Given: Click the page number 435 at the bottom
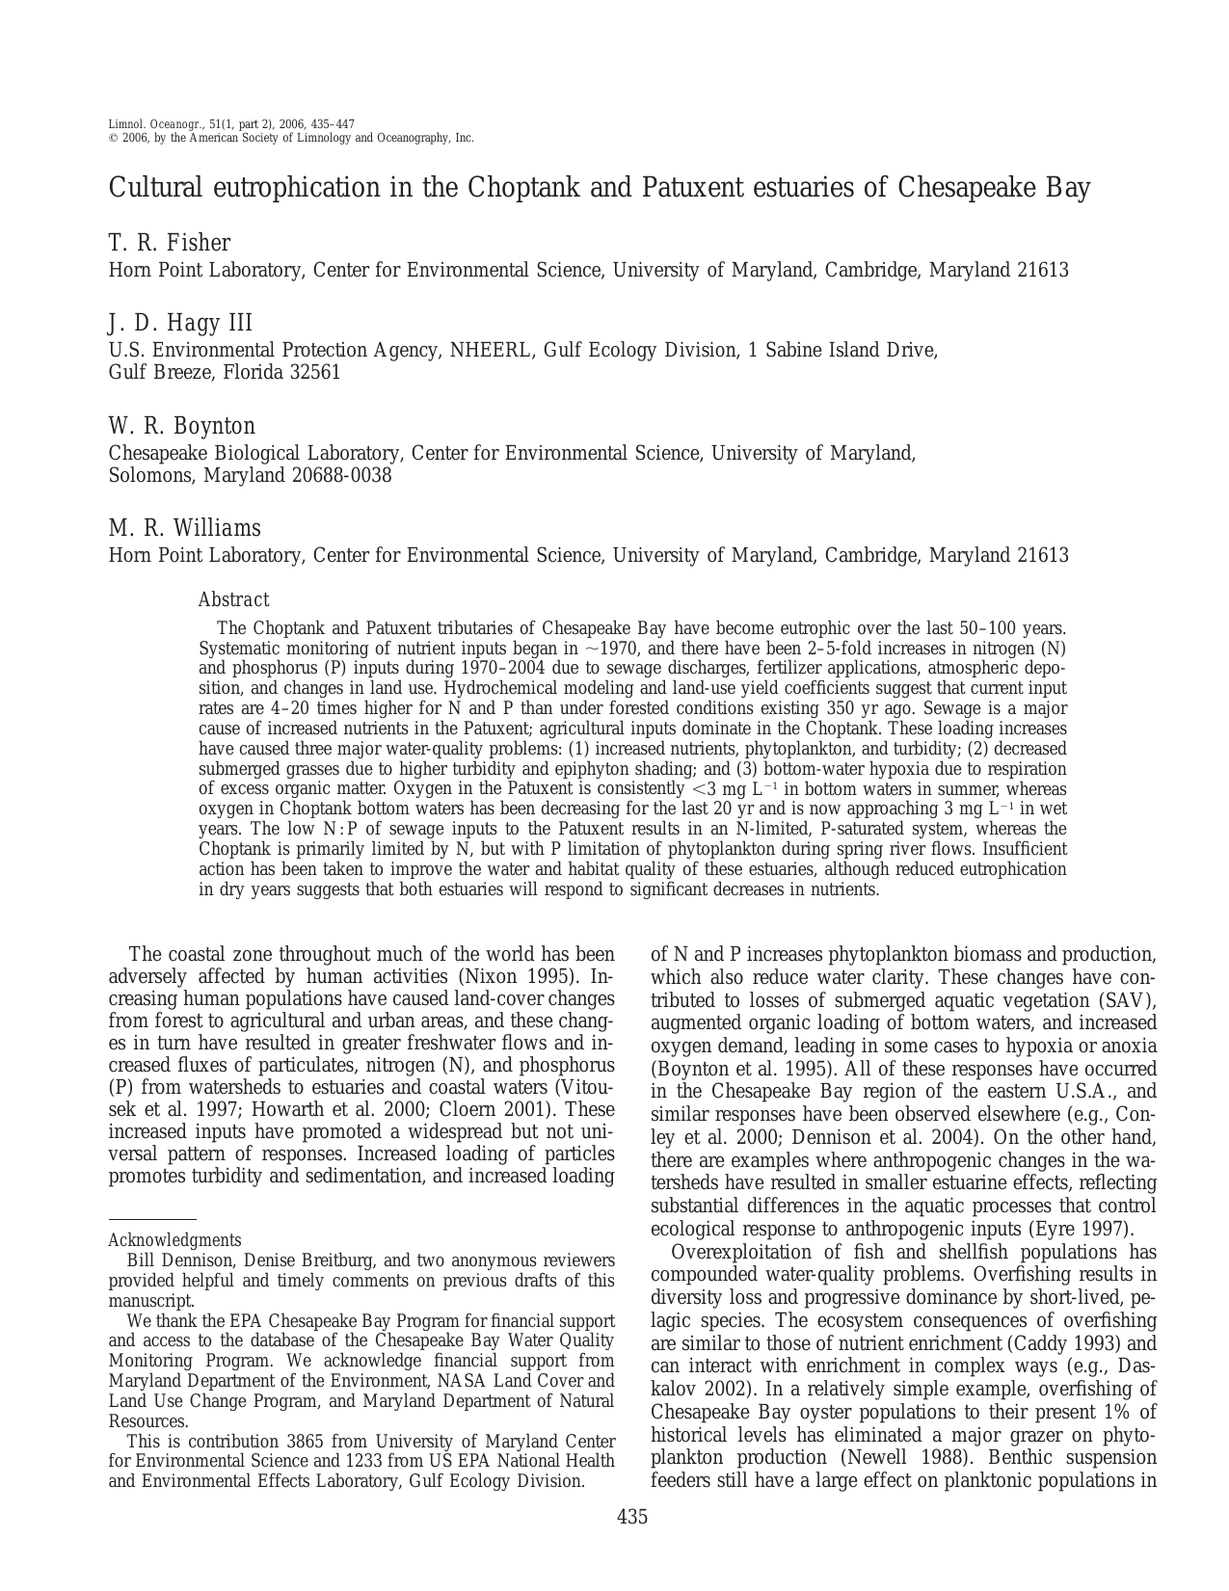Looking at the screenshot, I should click(631, 1518).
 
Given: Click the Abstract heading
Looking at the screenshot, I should click(232, 600).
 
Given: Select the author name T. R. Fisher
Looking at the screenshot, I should click(169, 243).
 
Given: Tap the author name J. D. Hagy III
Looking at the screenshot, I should click(180, 323).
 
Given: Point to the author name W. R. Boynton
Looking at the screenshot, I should click(181, 426).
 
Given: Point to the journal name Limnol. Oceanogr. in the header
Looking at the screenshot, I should click(155, 124).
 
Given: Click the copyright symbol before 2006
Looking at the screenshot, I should click(113, 138).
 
